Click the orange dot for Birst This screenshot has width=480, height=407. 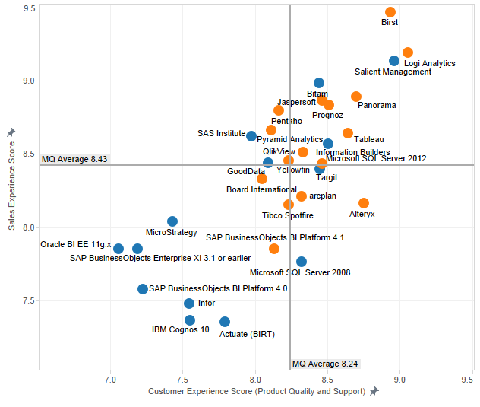(x=390, y=12)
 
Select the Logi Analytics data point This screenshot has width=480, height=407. (x=408, y=52)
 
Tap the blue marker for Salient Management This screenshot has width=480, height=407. (x=394, y=61)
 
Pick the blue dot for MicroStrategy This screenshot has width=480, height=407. (x=172, y=221)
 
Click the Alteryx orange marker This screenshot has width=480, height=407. (x=364, y=203)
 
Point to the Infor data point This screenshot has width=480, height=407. (x=189, y=304)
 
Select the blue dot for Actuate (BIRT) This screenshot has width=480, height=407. (x=225, y=322)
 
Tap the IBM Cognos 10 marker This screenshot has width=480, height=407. (x=190, y=320)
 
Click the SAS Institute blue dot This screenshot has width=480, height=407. (x=251, y=136)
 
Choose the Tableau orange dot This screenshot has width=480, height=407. (x=348, y=133)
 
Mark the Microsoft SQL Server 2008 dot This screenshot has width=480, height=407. (x=302, y=262)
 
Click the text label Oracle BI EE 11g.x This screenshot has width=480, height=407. (x=76, y=245)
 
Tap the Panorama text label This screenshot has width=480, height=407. (x=377, y=106)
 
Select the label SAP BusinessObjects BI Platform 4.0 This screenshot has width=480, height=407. (x=218, y=289)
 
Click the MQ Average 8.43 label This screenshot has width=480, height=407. (x=74, y=159)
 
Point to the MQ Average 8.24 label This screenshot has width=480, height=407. (x=325, y=364)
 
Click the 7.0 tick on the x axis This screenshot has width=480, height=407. (x=111, y=378)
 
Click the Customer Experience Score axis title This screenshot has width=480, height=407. (x=257, y=391)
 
